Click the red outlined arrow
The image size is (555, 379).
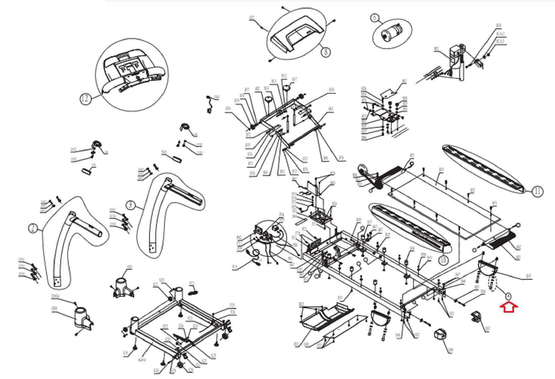[509, 307]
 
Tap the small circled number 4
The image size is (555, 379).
[508, 296]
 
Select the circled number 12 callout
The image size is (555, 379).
[85, 99]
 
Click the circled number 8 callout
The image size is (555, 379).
[325, 52]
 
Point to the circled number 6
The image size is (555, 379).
[375, 18]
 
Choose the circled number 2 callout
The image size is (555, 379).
[33, 228]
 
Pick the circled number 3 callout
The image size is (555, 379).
[130, 205]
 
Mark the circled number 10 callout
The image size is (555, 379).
[443, 260]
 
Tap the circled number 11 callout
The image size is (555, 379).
[537, 191]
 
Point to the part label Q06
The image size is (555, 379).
[450, 350]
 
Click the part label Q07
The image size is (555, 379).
[487, 328]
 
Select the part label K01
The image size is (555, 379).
[142, 360]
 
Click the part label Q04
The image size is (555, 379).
[54, 308]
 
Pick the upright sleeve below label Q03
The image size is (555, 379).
[123, 287]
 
